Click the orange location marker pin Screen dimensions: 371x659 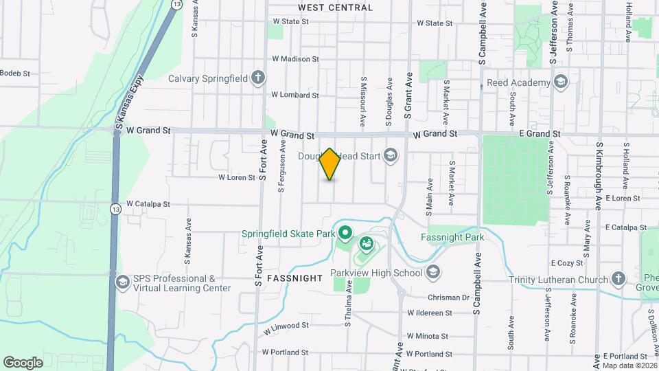[x=330, y=164]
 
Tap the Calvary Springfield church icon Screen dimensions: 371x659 [x=258, y=77]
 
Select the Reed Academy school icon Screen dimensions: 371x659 [x=562, y=82]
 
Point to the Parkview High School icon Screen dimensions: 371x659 [x=432, y=272]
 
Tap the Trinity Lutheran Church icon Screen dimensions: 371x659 [x=618, y=279]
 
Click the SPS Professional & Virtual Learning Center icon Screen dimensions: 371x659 [x=122, y=282]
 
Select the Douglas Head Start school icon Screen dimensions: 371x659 [x=391, y=156]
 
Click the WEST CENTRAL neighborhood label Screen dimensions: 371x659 [x=336, y=8]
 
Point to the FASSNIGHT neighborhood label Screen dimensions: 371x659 [x=294, y=278]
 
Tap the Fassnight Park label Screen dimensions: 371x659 [x=452, y=238]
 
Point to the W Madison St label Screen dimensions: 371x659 [x=295, y=59]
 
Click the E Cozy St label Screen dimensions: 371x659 [x=566, y=263]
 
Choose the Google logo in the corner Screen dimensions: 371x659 [x=23, y=362]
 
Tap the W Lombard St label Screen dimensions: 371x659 [x=294, y=95]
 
